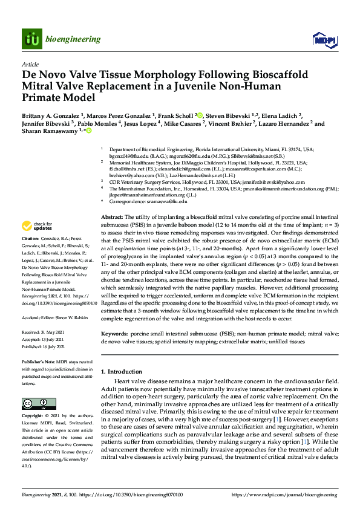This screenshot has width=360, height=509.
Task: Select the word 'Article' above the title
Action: [30, 63]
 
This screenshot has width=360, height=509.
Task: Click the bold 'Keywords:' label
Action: [116, 333]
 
